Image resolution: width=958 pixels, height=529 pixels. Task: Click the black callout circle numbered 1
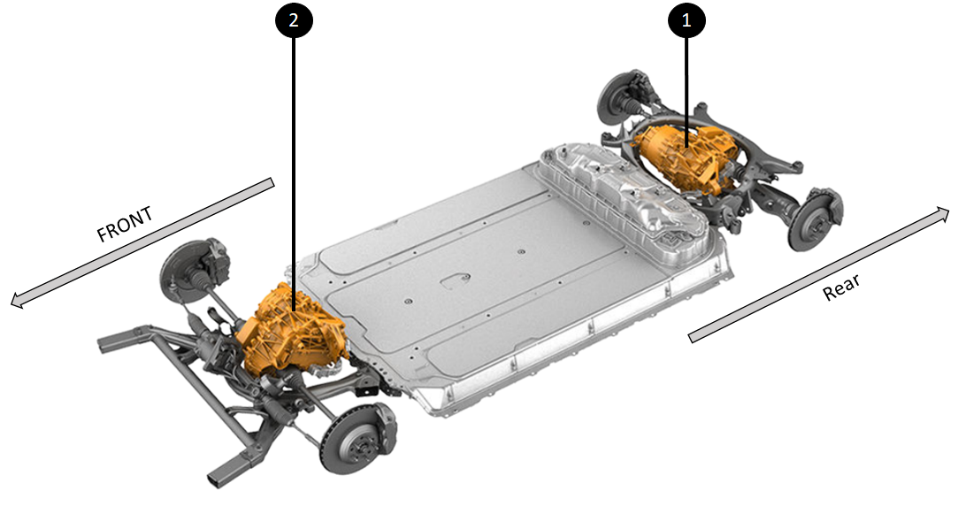686,20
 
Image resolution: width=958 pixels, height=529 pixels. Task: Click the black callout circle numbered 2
294,20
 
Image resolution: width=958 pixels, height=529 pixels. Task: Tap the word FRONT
125,224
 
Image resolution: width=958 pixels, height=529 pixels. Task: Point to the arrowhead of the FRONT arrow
17,300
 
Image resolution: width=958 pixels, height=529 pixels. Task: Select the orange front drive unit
291,330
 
